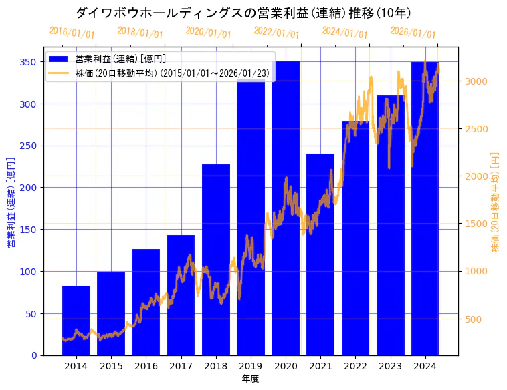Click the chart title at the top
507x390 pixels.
[x=243, y=13]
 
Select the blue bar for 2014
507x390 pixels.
[x=76, y=321]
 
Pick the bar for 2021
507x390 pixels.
[x=320, y=254]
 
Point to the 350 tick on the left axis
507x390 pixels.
[x=29, y=62]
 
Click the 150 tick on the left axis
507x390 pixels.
[x=29, y=230]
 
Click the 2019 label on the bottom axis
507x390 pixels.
[x=251, y=366]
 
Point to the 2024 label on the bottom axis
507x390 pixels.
[x=425, y=366]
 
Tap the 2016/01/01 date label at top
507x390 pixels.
[x=72, y=32]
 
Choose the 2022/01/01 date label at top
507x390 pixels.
[x=276, y=32]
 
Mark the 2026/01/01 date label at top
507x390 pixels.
[x=413, y=32]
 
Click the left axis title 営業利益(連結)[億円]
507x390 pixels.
[x=11, y=202]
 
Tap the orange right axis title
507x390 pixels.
[x=496, y=201]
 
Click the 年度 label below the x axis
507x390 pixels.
[x=250, y=379]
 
